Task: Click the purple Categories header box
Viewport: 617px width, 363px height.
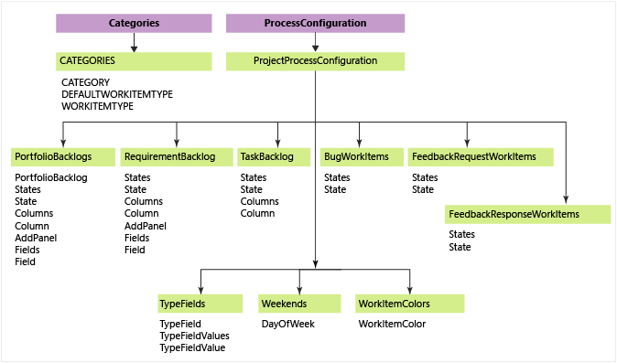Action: point(134,23)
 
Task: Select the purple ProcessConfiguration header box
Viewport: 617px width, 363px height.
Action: point(315,23)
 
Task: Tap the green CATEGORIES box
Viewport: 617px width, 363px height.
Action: point(134,61)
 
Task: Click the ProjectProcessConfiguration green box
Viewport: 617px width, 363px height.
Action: point(315,61)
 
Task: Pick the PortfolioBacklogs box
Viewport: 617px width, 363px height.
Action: point(63,156)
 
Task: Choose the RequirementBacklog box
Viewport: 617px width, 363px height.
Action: point(177,156)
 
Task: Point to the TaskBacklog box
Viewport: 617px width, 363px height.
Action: point(274,156)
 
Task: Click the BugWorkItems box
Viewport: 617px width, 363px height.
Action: point(362,156)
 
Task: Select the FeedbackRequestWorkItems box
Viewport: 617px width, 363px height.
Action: point(481,156)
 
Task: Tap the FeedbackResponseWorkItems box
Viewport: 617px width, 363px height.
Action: point(527,214)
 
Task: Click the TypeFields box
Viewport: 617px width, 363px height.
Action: point(200,304)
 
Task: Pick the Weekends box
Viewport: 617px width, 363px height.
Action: point(299,304)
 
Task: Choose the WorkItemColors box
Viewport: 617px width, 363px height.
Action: point(409,304)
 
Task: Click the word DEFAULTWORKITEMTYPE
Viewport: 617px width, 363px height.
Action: point(117,94)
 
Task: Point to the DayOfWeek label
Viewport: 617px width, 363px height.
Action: point(288,324)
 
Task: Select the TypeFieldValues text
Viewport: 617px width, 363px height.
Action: point(194,336)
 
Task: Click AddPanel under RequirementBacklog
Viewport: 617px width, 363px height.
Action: point(146,226)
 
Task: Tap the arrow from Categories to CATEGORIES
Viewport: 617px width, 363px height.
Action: point(134,42)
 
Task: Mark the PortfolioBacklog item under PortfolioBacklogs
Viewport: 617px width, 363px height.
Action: point(51,177)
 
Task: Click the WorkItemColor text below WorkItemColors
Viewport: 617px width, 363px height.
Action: point(392,324)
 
